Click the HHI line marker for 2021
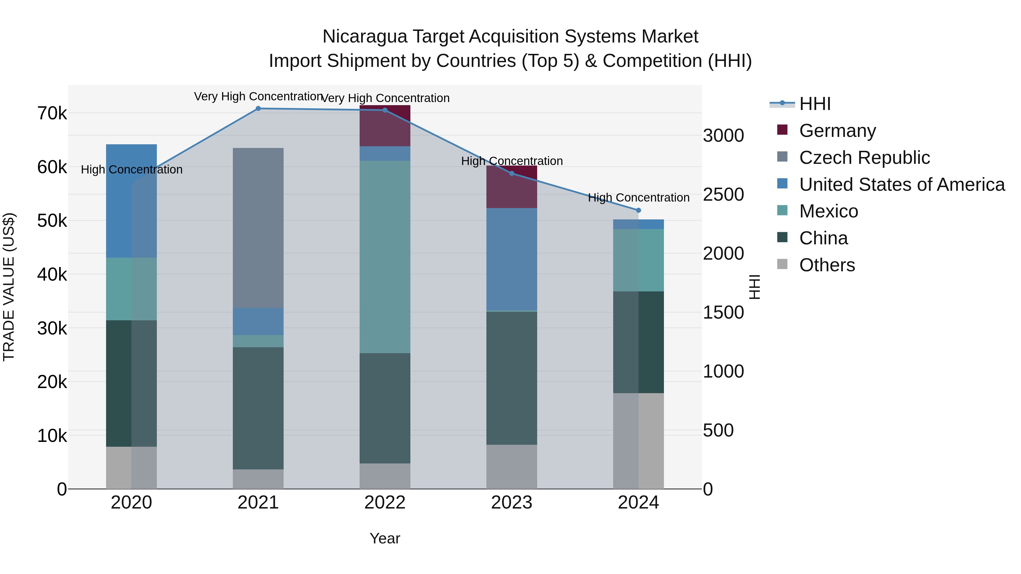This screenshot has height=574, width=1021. (258, 109)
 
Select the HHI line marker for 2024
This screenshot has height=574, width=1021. (638, 210)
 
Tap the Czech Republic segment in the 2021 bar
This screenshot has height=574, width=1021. (258, 228)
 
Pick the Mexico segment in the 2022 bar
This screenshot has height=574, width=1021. (385, 257)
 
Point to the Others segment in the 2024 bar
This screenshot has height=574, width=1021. (638, 440)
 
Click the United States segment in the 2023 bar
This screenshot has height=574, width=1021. (511, 259)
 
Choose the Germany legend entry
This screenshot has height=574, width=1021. (837, 131)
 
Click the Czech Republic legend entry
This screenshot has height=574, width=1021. (864, 158)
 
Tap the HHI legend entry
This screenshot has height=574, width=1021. (815, 104)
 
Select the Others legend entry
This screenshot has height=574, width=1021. (827, 265)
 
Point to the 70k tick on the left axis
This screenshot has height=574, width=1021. (52, 114)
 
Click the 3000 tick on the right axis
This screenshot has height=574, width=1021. (723, 136)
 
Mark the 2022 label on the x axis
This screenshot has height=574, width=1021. (385, 503)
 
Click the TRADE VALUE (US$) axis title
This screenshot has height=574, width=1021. (9, 287)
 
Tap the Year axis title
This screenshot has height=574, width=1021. (385, 538)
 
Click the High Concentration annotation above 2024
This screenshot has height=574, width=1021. (638, 198)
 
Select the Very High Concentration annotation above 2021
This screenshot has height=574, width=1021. (258, 97)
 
